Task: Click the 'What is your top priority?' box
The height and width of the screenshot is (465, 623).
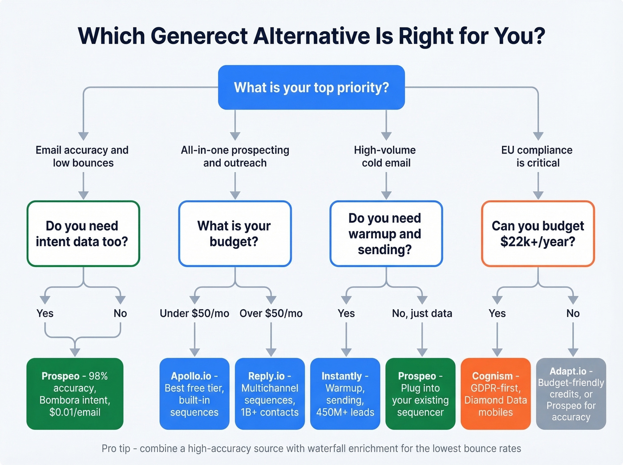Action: pyautogui.click(x=311, y=87)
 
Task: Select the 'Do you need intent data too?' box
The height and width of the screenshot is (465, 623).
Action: pyautogui.click(x=83, y=234)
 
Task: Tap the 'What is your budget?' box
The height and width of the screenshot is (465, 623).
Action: pyautogui.click(x=235, y=234)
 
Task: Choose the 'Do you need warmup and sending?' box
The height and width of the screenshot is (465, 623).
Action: pyautogui.click(x=386, y=234)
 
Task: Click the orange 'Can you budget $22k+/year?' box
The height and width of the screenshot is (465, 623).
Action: pyautogui.click(x=538, y=234)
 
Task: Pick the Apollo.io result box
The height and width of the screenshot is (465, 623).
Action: pyautogui.click(x=194, y=394)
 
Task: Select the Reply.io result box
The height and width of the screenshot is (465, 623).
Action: pyautogui.click(x=270, y=394)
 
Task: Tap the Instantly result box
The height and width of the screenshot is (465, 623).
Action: pyautogui.click(x=345, y=394)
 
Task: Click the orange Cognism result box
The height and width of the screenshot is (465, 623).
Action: pyautogui.click(x=495, y=394)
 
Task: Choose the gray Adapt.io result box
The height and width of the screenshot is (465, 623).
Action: pyautogui.click(x=571, y=394)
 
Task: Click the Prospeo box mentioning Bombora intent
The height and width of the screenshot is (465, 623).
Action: pyautogui.click(x=75, y=394)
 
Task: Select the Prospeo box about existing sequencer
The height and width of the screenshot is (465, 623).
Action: pyautogui.click(x=420, y=394)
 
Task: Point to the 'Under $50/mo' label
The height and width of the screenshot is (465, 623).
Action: pyautogui.click(x=194, y=313)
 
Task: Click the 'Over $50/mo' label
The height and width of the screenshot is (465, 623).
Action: pyautogui.click(x=271, y=313)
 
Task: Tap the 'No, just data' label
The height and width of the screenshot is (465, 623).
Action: pyautogui.click(x=422, y=313)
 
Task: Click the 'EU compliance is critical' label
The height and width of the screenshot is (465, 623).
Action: pyautogui.click(x=537, y=156)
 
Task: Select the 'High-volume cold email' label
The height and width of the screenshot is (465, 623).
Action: pyautogui.click(x=385, y=156)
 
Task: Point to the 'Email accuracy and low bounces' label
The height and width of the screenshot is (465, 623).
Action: pyautogui.click(x=82, y=156)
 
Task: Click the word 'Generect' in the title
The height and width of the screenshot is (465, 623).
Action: pyautogui.click(x=199, y=36)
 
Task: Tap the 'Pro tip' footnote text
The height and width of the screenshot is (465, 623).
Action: pyautogui.click(x=311, y=449)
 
